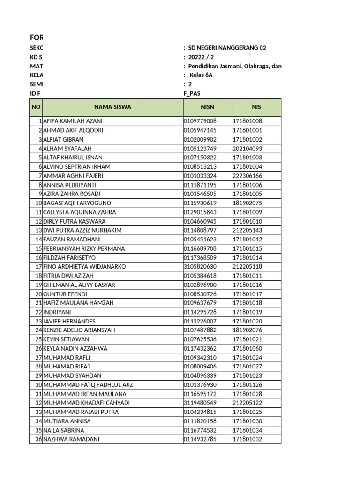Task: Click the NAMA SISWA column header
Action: [112, 107]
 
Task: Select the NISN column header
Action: [207, 107]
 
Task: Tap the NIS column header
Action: [256, 107]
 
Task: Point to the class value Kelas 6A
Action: [201, 75]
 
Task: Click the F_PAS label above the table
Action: [192, 93]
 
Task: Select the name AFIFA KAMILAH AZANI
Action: [73, 121]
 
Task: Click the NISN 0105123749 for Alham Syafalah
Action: [200, 149]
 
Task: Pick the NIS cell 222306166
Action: [247, 176]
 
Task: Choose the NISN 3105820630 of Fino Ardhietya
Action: [200, 267]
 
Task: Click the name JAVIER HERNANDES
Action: [69, 321]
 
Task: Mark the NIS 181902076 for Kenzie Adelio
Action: [247, 330]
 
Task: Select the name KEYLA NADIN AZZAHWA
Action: [75, 348]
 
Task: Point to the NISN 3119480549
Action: [200, 403]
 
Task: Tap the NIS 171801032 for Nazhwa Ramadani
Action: [247, 439]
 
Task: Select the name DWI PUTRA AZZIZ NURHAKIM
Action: [82, 230]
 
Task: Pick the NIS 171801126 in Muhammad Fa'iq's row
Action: [247, 385]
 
